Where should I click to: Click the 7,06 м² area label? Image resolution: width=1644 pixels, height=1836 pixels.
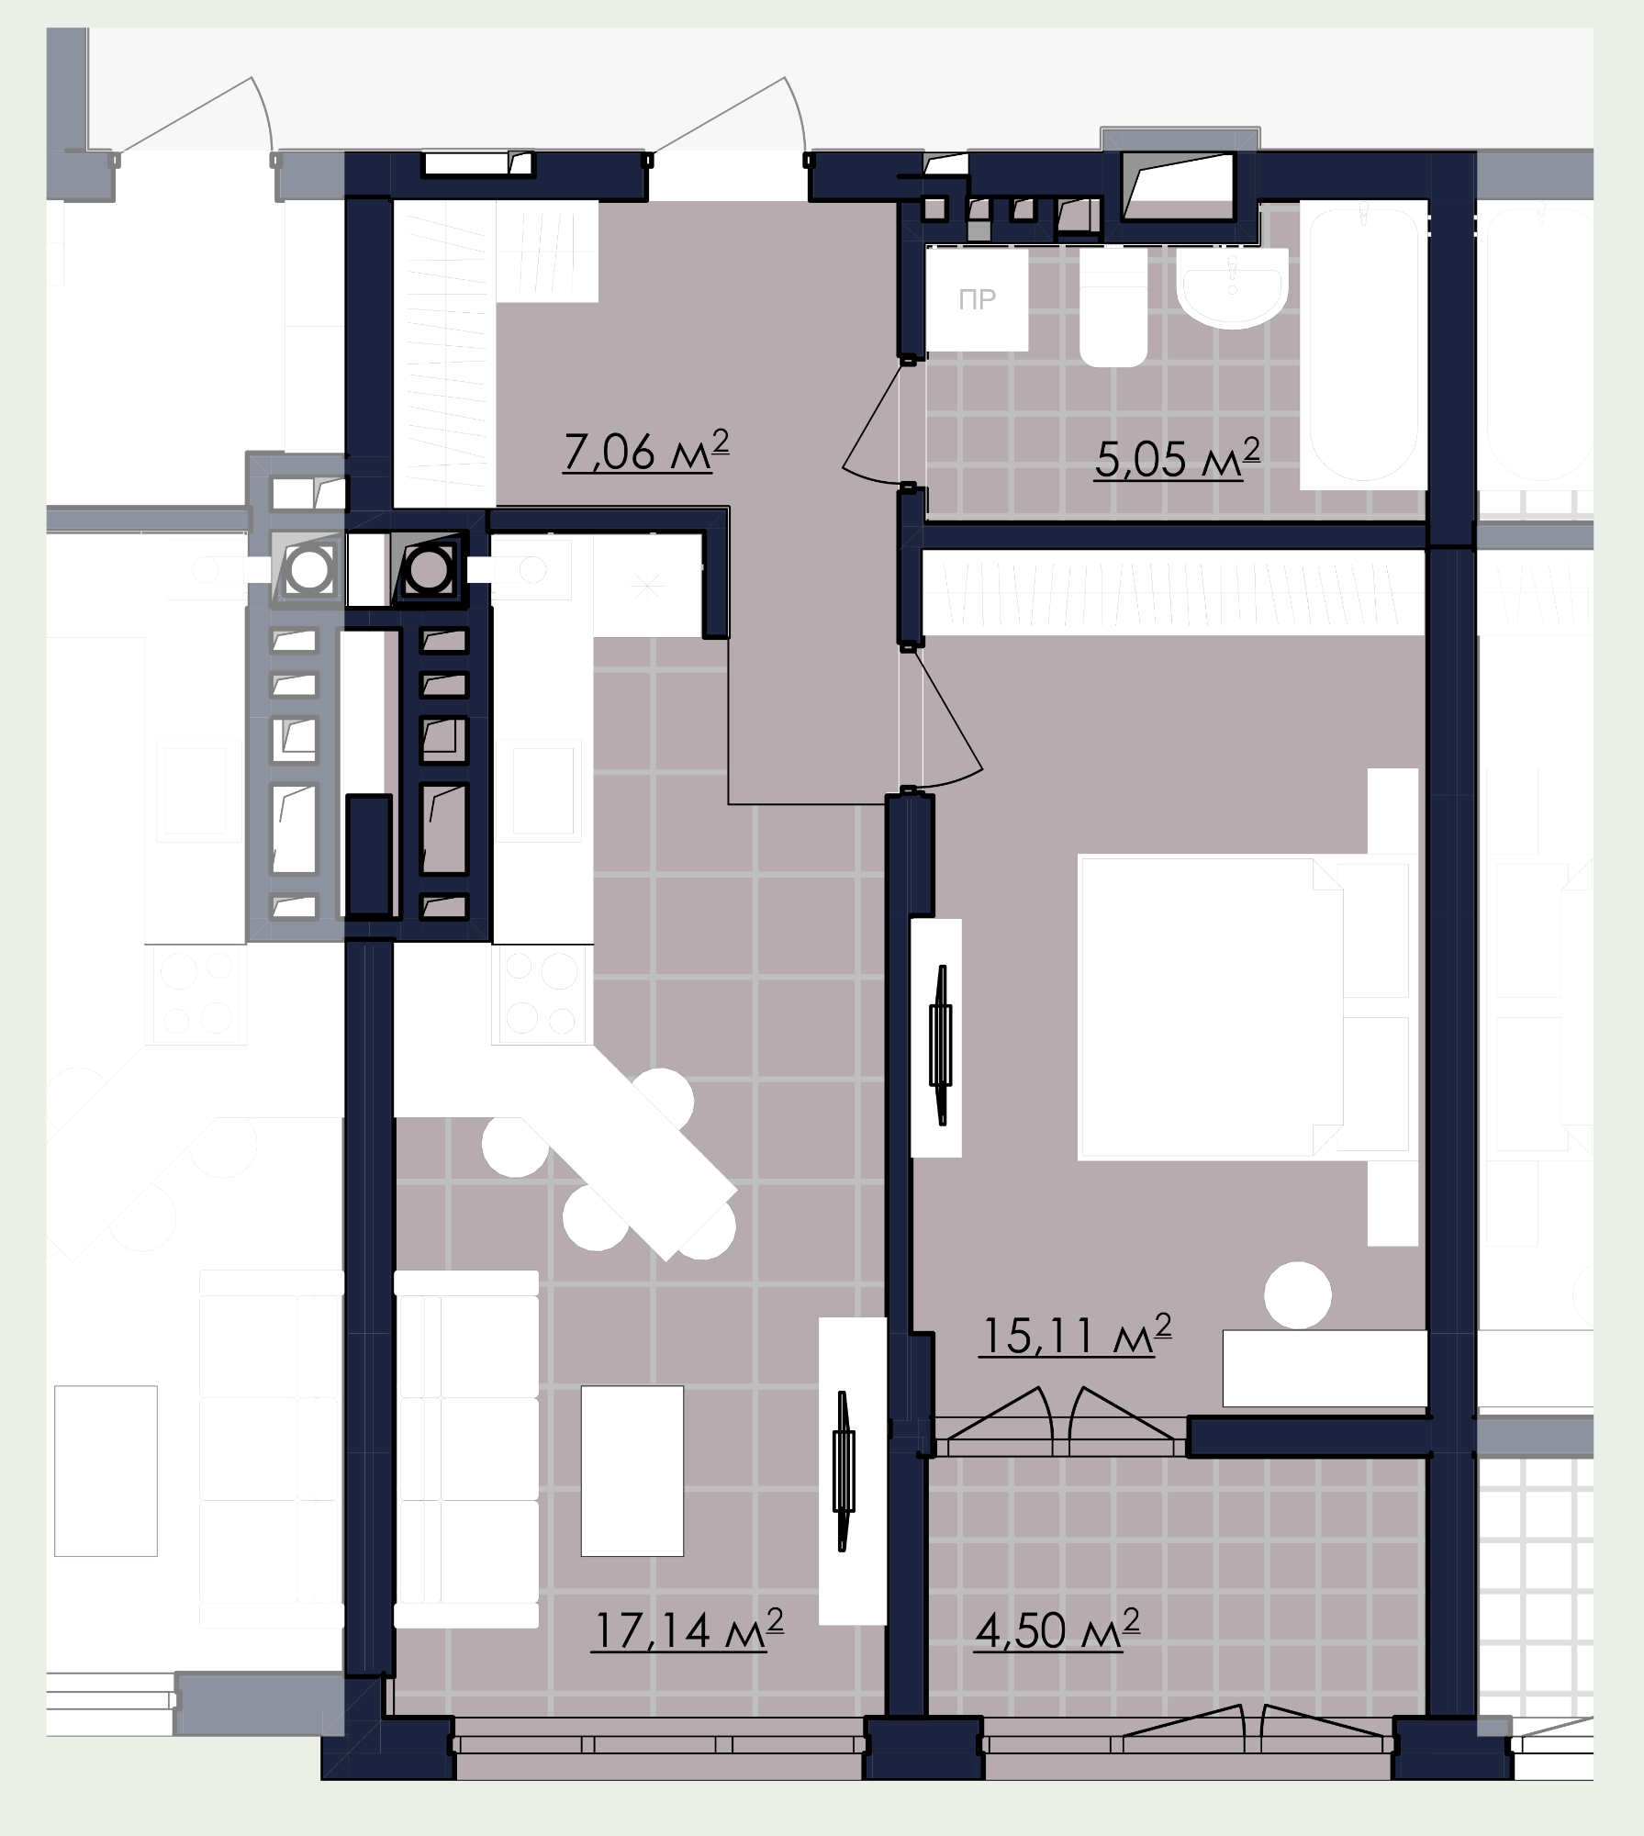click(646, 451)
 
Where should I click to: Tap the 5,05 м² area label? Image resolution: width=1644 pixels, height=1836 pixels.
click(1177, 457)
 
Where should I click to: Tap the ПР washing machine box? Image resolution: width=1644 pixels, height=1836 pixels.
click(977, 299)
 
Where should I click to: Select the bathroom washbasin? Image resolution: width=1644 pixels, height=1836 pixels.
click(1231, 287)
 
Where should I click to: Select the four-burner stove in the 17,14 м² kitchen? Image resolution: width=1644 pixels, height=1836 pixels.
click(541, 994)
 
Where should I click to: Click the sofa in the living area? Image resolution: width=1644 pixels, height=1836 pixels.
click(466, 1450)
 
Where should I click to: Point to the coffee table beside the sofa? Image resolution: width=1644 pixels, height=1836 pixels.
click(632, 1470)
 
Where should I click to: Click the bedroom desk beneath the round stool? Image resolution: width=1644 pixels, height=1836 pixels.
click(1325, 1368)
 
